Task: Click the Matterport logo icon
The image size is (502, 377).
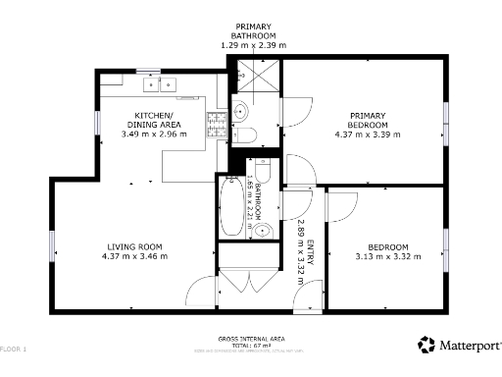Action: [427, 345]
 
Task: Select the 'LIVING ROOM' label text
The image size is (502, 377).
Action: [134, 245]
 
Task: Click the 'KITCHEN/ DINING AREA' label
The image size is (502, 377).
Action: [159, 120]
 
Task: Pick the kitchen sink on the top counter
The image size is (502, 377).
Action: [158, 84]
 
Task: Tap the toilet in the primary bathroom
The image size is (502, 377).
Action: [249, 135]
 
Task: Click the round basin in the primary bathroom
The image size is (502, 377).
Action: [241, 112]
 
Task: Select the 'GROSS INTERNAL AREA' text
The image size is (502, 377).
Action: [250, 336]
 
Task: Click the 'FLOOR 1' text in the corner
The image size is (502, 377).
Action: [14, 350]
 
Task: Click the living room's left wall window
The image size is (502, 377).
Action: [53, 244]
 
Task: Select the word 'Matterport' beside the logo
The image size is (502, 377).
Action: [469, 346]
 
